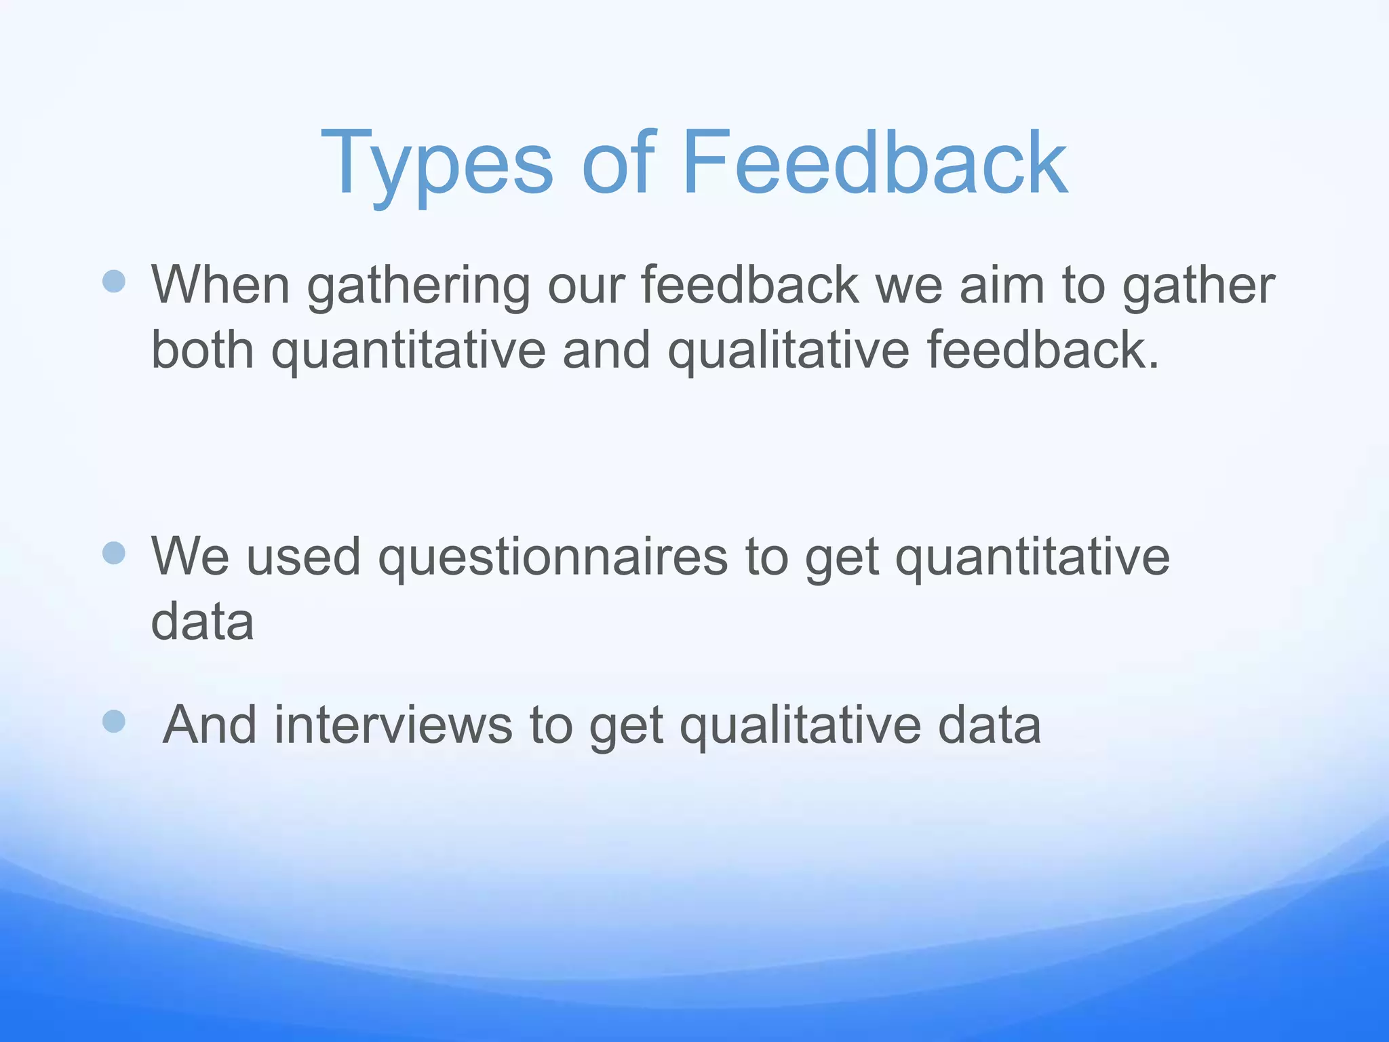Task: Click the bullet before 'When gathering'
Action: click(114, 281)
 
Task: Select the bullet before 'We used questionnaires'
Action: click(114, 553)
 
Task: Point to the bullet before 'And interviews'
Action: click(114, 722)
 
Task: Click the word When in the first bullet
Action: click(221, 285)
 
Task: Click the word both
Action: click(202, 350)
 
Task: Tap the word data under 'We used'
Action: click(202, 621)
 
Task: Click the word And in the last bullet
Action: click(210, 725)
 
